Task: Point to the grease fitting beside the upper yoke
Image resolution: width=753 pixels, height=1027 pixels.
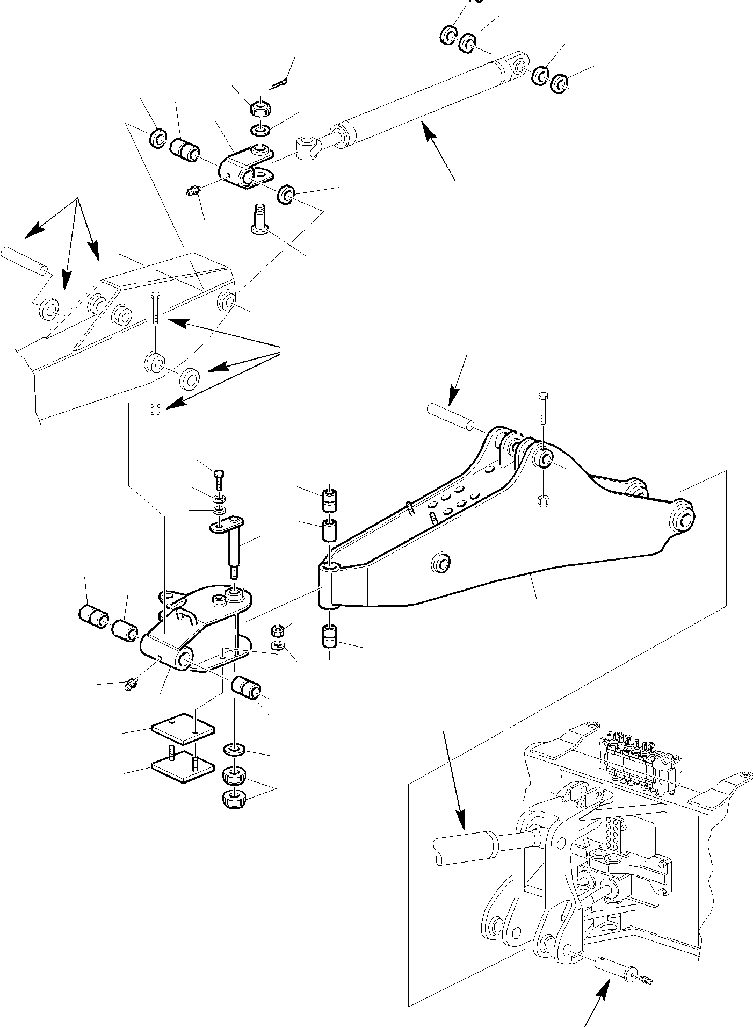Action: click(194, 190)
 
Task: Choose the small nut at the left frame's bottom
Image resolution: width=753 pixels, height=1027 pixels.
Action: click(154, 408)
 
